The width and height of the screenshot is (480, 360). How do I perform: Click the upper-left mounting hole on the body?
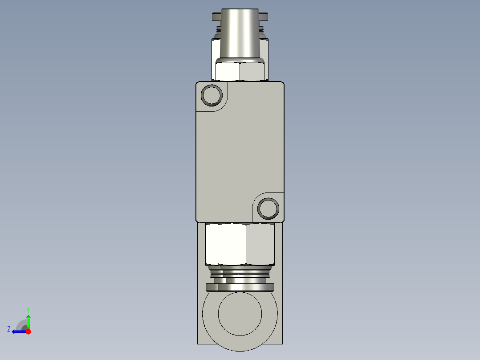212,94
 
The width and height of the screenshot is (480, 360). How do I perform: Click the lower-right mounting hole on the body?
269,208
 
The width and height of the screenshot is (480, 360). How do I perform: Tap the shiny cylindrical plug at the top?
240,33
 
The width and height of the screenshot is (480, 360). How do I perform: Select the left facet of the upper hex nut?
228,71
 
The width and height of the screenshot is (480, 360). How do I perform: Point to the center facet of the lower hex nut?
232,244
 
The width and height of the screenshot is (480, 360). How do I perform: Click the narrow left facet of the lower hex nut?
212,244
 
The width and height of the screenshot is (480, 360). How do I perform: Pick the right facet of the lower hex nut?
260,244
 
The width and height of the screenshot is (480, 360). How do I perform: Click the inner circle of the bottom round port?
240,314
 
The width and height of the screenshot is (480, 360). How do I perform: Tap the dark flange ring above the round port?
240,287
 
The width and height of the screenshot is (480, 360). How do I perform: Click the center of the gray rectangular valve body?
240,151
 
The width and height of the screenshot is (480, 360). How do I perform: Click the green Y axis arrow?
28,321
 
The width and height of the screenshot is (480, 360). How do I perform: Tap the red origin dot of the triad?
28,331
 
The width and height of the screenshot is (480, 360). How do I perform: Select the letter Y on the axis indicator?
28,309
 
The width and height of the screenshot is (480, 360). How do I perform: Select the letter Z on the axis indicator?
9,329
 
